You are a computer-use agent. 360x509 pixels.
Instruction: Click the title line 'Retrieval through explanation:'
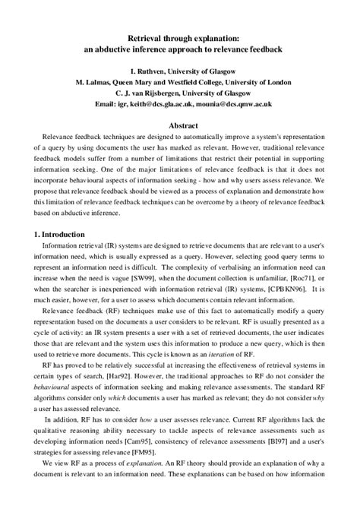pos(179,36)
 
